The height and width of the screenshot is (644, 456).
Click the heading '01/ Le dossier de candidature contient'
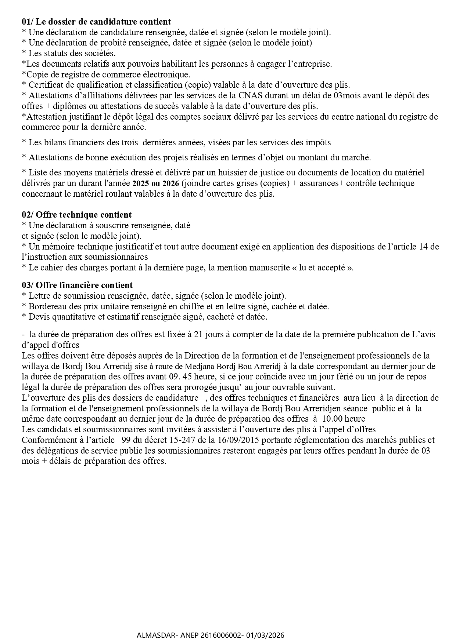point(96,22)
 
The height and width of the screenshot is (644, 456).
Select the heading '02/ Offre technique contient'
point(76,215)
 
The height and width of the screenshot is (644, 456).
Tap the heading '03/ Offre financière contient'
point(77,285)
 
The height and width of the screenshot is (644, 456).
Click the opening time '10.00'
point(333,419)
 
